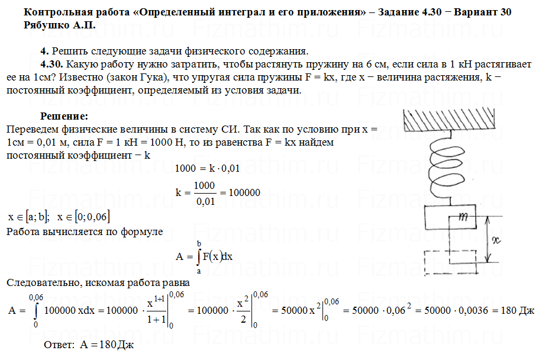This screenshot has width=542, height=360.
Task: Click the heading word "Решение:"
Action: point(64,115)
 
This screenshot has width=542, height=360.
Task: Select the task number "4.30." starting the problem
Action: point(51,64)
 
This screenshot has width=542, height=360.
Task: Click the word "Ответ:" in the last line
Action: point(60,345)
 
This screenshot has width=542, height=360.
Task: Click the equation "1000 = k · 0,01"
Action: point(207,168)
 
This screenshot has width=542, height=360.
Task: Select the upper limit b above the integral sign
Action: point(199,243)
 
